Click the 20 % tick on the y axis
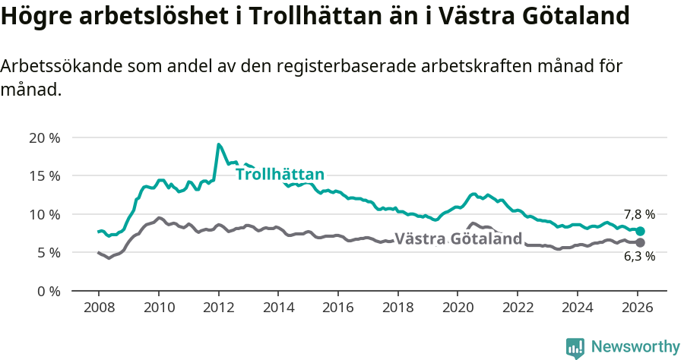click(x=44, y=137)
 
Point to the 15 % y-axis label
click(x=44, y=175)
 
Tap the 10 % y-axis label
click(x=44, y=214)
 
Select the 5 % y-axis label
click(x=48, y=252)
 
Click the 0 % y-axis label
click(x=48, y=291)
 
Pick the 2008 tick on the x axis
click(x=99, y=308)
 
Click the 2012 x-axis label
click(x=219, y=308)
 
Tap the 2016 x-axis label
click(x=338, y=308)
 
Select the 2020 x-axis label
click(x=458, y=308)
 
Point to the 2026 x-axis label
click(x=637, y=308)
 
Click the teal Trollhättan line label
click(x=280, y=174)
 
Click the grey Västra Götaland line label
click(x=458, y=239)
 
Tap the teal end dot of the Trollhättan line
click(x=640, y=231)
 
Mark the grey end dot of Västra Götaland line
click(x=640, y=242)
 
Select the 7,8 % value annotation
click(x=639, y=215)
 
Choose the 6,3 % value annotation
click(x=639, y=257)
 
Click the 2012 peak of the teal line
click(x=219, y=144)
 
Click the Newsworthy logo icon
click(x=575, y=348)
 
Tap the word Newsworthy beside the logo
click(x=635, y=347)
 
